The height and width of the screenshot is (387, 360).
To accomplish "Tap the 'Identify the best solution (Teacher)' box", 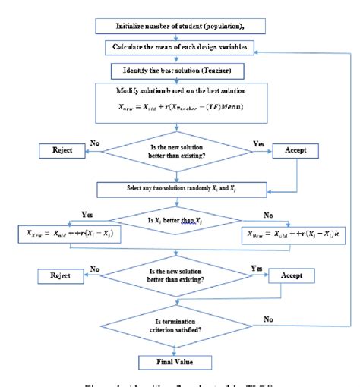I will pyautogui.click(x=180, y=71).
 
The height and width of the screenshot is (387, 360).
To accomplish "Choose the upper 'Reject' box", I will pyautogui.click(x=64, y=149).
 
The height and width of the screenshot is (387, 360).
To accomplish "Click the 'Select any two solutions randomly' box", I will pyautogui.click(x=180, y=186).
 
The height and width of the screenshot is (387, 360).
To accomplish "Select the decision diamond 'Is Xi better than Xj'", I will pyautogui.click(x=180, y=221).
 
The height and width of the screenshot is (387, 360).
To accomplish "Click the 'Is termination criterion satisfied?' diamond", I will pyautogui.click(x=180, y=323).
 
